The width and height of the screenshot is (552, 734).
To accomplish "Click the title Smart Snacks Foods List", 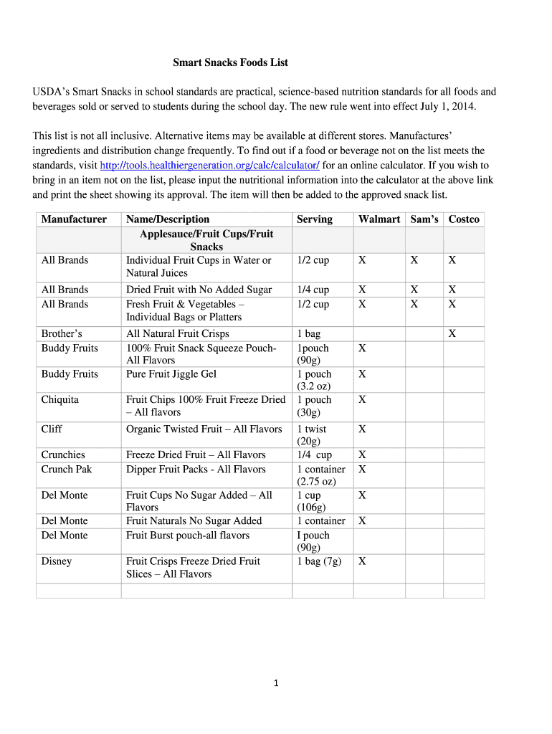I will [x=230, y=62].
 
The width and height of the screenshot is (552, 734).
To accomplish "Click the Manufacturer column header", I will [x=74, y=219].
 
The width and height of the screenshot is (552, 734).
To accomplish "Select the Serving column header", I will [x=314, y=219].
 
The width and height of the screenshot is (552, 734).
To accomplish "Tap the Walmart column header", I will [x=379, y=219].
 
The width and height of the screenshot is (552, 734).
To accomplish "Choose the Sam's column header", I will [x=424, y=219].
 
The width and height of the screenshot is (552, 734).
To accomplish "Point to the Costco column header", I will [x=464, y=219].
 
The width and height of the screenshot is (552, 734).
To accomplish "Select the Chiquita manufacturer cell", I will [x=60, y=399].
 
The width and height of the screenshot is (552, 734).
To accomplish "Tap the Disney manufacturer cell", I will [x=57, y=561].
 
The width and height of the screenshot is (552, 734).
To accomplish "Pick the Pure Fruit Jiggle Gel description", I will [x=171, y=374].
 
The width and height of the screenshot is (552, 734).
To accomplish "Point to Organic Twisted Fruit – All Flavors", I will [x=204, y=429].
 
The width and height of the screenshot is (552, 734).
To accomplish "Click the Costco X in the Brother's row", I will [x=452, y=333].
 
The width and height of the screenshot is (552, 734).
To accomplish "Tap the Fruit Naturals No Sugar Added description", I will [x=194, y=521].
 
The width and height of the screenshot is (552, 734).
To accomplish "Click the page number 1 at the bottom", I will [x=276, y=683].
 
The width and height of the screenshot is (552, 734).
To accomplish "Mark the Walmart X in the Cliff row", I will [x=362, y=429].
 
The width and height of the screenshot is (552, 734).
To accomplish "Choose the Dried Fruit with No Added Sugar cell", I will [x=199, y=290].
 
